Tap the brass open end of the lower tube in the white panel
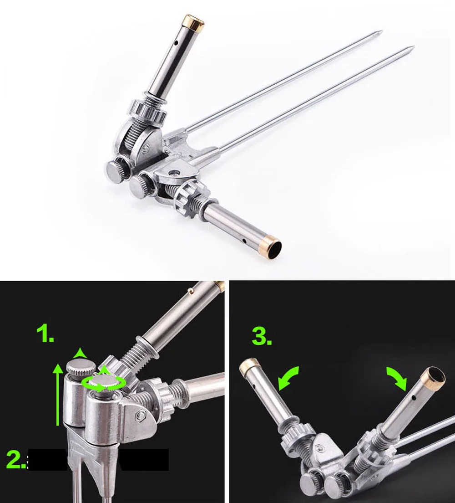(x=273, y=246)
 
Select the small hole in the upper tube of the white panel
(x=176, y=42)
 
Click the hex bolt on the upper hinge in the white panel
(x=146, y=148)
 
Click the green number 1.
(x=45, y=334)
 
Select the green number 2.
(x=16, y=460)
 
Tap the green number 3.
(x=262, y=337)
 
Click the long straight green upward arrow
(x=58, y=395)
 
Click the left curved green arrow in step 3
(x=288, y=378)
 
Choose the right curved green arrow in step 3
(x=397, y=378)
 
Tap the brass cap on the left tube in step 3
(x=249, y=366)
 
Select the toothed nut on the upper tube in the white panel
(x=148, y=111)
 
